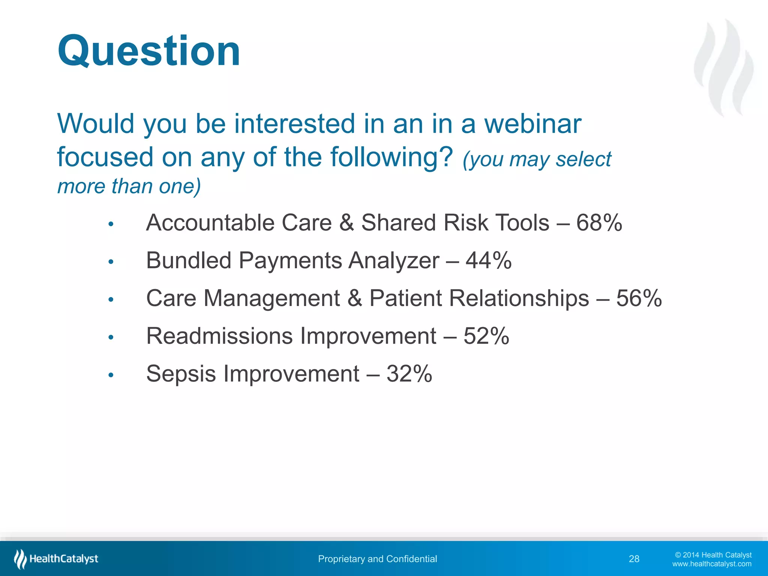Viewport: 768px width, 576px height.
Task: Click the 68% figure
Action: (599, 223)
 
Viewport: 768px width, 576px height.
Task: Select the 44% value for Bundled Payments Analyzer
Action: (488, 260)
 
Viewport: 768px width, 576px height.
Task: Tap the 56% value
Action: (639, 298)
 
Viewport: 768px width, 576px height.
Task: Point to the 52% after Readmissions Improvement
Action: (486, 336)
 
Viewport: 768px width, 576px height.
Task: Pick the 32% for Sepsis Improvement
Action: (409, 374)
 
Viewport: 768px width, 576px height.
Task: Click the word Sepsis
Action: (181, 374)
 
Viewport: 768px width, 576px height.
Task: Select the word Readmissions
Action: (219, 336)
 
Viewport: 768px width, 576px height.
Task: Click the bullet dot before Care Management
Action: (111, 300)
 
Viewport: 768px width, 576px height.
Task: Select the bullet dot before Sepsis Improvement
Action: (111, 375)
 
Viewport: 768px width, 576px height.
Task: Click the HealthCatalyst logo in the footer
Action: (56, 559)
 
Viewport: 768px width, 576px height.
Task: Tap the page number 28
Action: (634, 559)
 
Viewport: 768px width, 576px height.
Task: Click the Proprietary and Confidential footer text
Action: (377, 559)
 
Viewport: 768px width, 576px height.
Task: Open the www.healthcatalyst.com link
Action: (711, 564)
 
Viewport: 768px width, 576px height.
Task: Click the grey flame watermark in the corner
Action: (724, 67)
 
